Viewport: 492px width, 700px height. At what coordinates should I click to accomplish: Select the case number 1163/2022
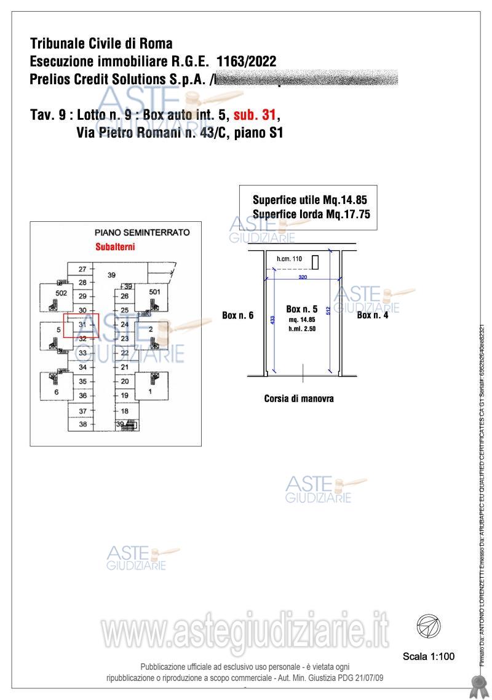(246, 61)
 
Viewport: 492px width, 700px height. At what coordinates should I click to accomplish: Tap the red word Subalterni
(115, 247)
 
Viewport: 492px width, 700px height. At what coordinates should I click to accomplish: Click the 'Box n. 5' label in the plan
(301, 309)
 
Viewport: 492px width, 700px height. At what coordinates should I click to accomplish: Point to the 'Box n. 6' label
(238, 315)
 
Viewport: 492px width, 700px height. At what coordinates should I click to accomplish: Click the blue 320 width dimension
(303, 278)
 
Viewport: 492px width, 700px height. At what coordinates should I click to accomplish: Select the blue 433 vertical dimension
(272, 320)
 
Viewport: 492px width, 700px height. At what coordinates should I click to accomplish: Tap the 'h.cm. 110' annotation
(289, 259)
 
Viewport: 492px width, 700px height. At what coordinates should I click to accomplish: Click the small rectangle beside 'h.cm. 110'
(315, 262)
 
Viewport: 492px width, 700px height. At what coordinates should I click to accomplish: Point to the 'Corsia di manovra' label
(299, 398)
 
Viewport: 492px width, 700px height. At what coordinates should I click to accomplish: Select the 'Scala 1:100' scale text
(429, 656)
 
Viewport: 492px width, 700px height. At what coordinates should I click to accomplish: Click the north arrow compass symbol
(428, 627)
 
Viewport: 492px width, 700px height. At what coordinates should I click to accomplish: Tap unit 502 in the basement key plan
(61, 294)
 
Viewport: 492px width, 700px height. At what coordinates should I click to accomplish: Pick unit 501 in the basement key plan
(154, 292)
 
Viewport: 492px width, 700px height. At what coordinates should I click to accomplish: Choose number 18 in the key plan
(125, 411)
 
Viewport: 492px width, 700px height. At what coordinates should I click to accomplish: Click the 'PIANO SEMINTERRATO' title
(142, 233)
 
